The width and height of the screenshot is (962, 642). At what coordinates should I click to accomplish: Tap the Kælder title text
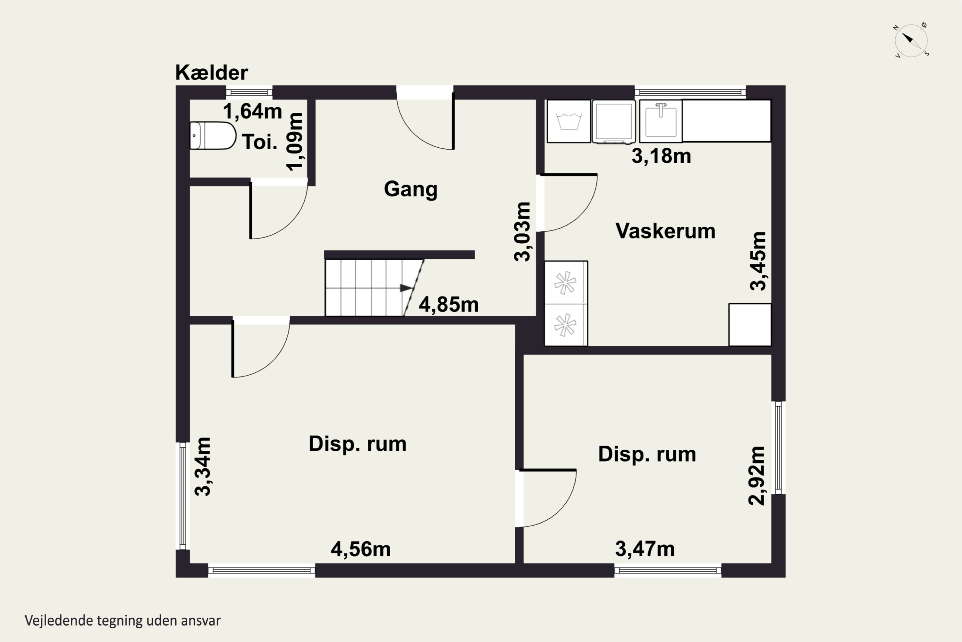211,73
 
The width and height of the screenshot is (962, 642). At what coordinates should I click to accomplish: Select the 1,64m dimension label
252,111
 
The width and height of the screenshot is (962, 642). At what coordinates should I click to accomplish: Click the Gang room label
410,189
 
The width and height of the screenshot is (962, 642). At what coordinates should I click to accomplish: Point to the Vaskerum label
665,231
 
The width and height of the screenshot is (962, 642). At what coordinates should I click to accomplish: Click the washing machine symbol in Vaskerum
569,121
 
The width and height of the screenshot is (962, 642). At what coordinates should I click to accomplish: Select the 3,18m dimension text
661,156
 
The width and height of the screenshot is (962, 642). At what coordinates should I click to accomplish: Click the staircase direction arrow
406,288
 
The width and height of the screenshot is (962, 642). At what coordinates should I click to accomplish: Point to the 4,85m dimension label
448,305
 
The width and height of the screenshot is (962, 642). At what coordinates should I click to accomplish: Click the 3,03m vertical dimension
523,232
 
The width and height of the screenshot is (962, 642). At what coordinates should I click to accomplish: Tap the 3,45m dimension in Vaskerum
758,261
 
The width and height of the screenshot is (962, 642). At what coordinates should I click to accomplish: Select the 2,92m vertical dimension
756,476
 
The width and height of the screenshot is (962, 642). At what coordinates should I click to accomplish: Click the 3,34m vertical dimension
203,467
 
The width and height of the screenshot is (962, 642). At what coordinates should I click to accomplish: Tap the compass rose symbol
911,40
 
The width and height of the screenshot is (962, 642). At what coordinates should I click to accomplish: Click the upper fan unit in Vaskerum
565,282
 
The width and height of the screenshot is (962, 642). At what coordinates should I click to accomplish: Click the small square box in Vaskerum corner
749,325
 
